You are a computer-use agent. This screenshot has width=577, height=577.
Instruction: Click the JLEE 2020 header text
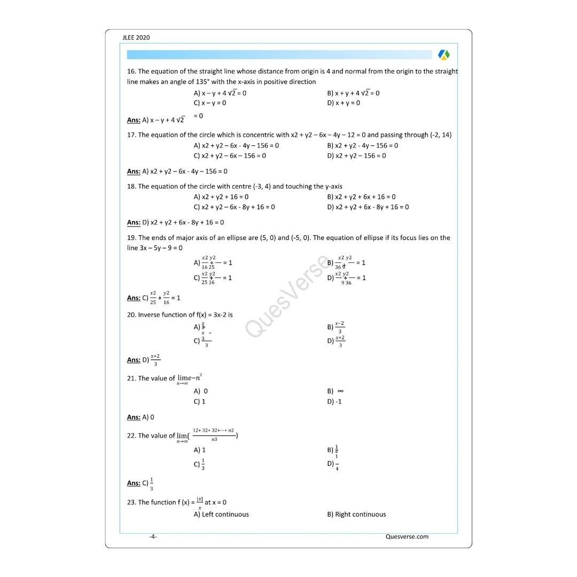(136, 37)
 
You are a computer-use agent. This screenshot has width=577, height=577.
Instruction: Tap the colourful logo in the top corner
(443, 54)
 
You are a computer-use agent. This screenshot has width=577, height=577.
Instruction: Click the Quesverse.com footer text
(407, 536)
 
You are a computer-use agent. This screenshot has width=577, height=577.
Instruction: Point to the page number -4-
(153, 536)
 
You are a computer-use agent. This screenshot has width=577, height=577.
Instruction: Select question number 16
(131, 71)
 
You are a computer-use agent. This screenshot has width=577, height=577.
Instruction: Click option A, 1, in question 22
(200, 450)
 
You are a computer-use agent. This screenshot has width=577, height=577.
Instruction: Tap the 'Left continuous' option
(221, 514)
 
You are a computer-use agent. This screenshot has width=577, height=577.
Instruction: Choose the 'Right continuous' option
(356, 514)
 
